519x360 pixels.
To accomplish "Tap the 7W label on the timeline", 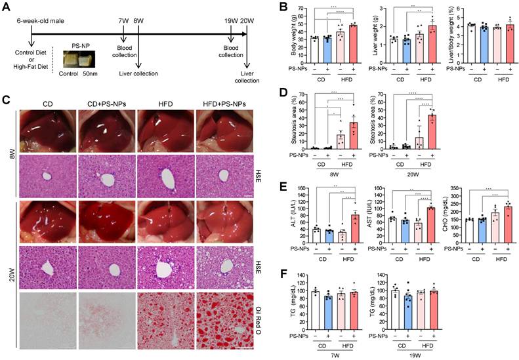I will (125, 20).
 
